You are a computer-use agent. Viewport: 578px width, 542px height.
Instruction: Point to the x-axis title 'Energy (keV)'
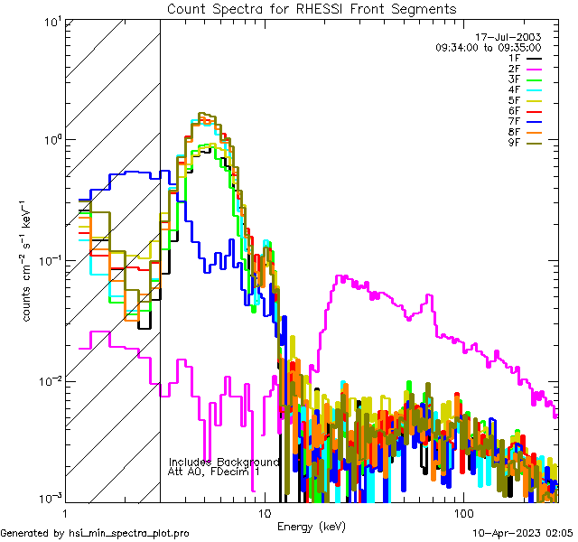pos(311,526)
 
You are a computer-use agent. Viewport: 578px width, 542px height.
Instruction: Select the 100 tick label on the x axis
pos(461,512)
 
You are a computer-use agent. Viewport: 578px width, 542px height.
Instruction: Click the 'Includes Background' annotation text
pos(224,463)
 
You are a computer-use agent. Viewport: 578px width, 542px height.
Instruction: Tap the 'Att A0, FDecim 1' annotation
pos(214,472)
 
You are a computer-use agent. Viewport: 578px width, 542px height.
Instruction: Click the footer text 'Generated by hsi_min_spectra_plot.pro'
pos(95,534)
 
